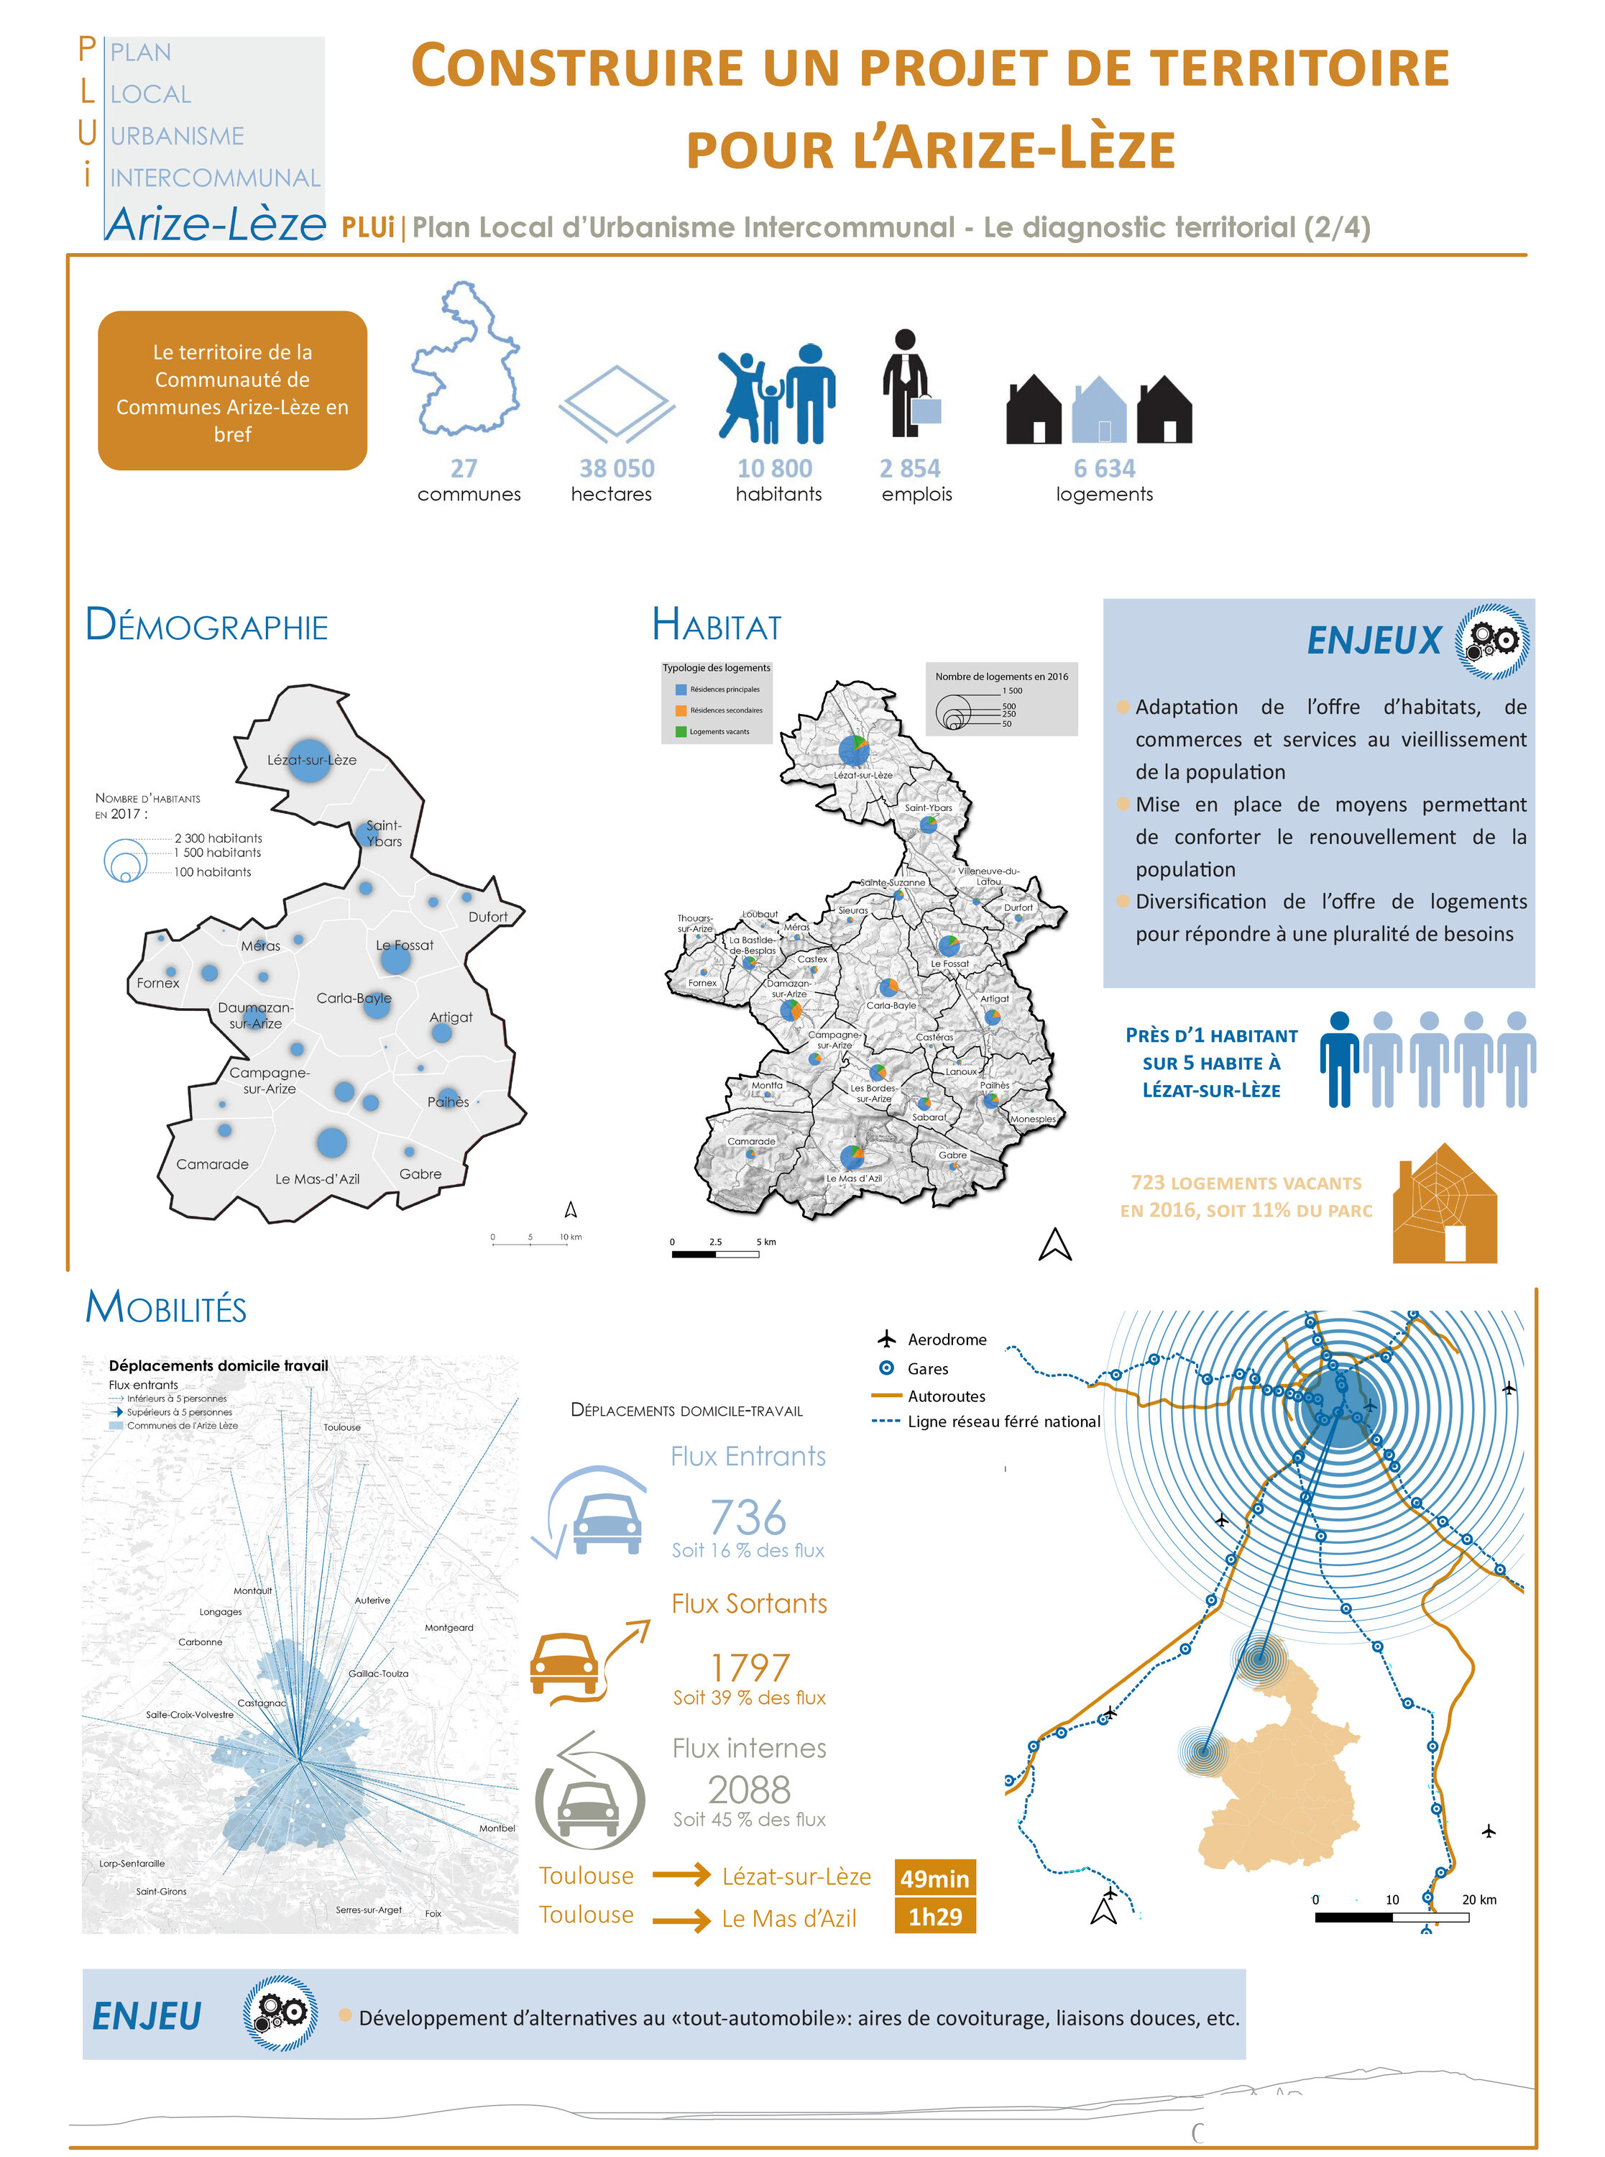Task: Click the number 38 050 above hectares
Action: click(616, 468)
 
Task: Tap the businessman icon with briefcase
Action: click(909, 385)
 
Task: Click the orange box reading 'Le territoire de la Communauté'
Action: click(232, 392)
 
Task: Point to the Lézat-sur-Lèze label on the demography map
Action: click(312, 760)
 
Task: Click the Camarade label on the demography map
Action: click(212, 1164)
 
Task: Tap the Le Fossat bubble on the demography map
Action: click(395, 960)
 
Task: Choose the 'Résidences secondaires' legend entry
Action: click(725, 710)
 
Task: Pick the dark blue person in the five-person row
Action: click(1339, 1059)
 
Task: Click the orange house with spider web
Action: click(1444, 1205)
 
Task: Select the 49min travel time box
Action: click(934, 1878)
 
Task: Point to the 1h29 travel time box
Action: click(934, 1917)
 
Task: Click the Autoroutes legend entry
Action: click(945, 1396)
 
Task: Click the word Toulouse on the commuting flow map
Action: click(342, 1427)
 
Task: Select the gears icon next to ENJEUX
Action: click(1491, 641)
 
